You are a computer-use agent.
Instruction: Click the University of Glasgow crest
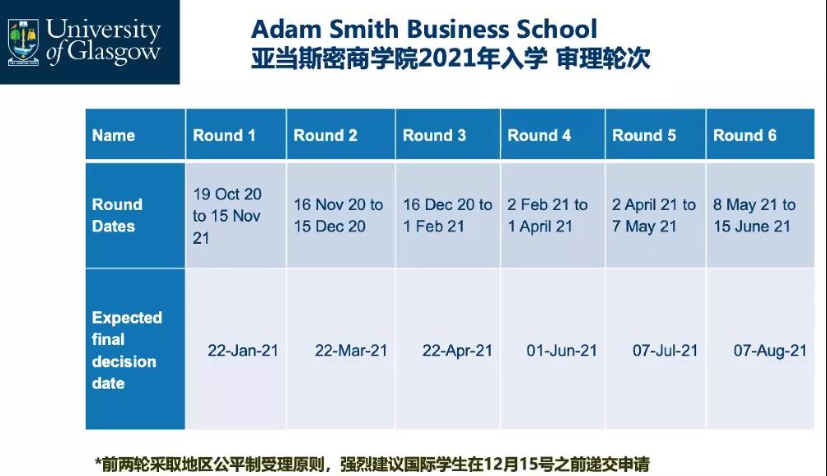click(23, 42)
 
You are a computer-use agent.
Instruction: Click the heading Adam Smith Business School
click(424, 29)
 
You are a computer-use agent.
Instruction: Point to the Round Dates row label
click(117, 215)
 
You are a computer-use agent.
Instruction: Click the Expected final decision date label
click(127, 350)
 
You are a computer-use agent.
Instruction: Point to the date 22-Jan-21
click(243, 351)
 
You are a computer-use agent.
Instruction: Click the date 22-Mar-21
click(351, 351)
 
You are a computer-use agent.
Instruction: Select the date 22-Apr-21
click(457, 351)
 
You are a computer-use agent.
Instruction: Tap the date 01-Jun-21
click(562, 351)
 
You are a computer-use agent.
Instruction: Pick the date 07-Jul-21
click(665, 351)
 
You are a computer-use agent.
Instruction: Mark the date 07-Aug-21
click(770, 351)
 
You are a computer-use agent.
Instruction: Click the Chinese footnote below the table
click(371, 464)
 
